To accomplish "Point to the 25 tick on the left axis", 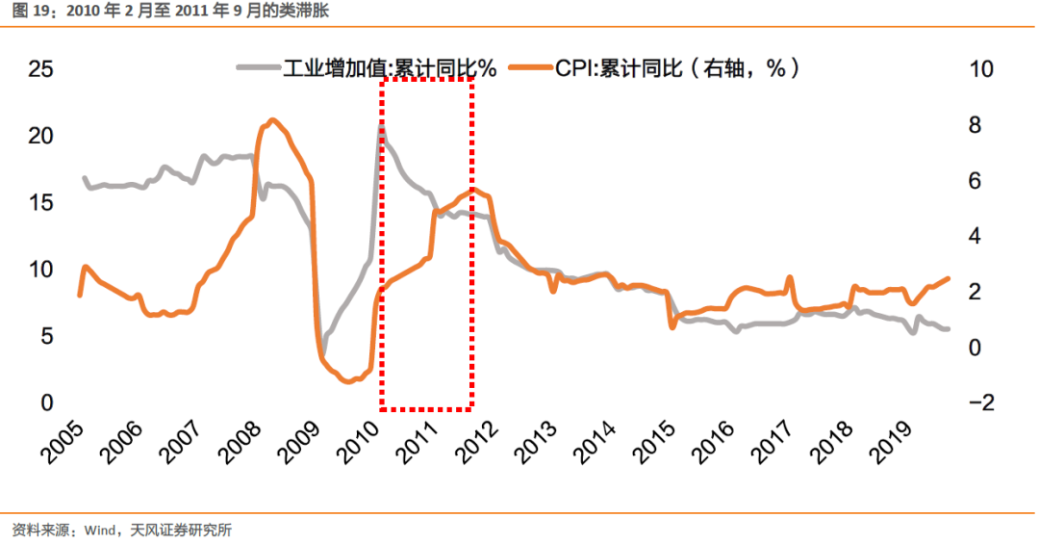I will (39, 69).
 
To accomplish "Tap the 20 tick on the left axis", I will (39, 136).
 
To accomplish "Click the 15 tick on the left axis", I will (39, 203).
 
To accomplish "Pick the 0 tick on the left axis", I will (46, 402).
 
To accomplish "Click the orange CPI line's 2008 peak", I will (272, 119).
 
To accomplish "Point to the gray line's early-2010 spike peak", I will (382, 125).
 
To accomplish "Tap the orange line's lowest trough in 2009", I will (349, 381).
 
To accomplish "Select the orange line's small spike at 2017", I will (790, 277).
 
